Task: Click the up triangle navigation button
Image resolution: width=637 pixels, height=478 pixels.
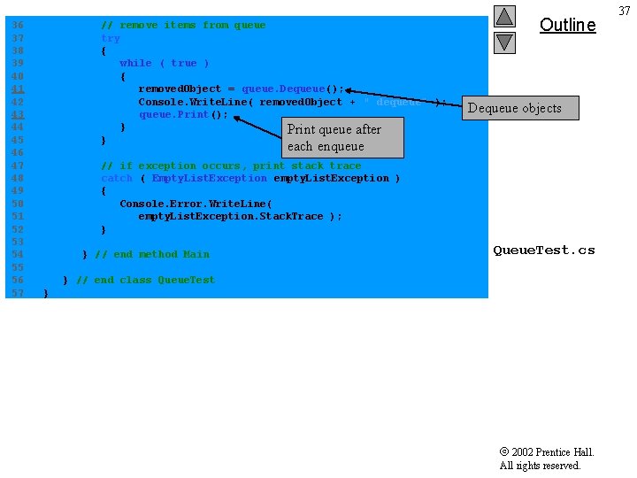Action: coord(504,16)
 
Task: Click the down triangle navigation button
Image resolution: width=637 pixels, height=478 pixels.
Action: coord(504,41)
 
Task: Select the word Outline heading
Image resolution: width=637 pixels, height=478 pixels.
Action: coord(567,25)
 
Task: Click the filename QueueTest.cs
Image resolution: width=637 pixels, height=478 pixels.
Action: coord(543,250)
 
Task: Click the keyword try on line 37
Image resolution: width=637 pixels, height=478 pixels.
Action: coord(111,38)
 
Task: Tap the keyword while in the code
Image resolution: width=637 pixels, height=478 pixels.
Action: coord(135,63)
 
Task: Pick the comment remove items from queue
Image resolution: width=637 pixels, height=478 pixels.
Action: coord(183,25)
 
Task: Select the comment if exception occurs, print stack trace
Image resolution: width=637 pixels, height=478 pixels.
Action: coord(231,166)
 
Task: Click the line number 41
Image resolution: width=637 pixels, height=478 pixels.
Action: coord(18,89)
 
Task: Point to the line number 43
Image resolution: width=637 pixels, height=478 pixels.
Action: coord(18,114)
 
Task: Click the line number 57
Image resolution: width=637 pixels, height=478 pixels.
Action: coord(18,292)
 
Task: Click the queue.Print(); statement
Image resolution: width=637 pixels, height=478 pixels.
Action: coord(183,114)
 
